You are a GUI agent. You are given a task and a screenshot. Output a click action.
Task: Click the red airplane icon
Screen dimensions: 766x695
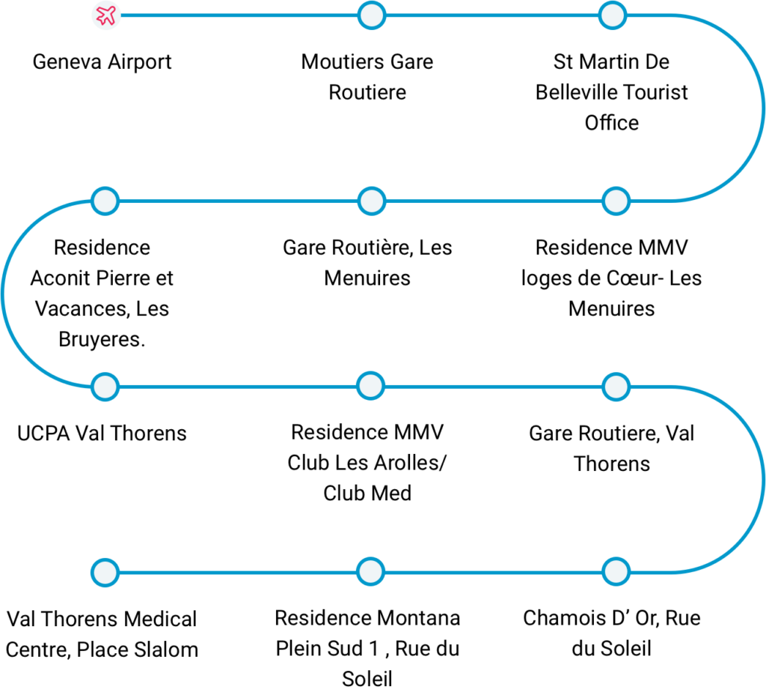[x=106, y=15]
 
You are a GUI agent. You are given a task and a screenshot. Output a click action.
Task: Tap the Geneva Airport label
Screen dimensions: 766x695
[x=102, y=62]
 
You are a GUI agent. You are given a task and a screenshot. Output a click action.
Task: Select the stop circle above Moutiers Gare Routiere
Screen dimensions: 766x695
[x=372, y=15]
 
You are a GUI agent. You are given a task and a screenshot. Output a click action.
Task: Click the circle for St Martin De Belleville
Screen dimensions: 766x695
[x=613, y=15]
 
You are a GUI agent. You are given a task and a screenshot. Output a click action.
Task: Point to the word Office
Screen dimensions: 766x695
[x=612, y=123]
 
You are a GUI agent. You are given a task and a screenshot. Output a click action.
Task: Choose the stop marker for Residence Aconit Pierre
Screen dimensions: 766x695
[x=105, y=201]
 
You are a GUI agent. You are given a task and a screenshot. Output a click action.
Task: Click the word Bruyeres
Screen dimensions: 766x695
[x=101, y=339]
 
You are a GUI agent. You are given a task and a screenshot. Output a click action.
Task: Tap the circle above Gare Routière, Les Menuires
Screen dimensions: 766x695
[x=372, y=201]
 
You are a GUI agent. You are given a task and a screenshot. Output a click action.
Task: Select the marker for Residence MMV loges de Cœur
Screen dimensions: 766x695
[x=616, y=201]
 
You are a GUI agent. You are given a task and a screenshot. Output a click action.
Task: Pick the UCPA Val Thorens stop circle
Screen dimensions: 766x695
[x=105, y=387]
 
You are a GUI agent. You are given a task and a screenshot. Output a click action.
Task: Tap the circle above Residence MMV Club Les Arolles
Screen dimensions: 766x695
[x=371, y=386]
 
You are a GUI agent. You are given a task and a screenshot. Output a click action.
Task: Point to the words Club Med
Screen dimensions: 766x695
[x=367, y=493]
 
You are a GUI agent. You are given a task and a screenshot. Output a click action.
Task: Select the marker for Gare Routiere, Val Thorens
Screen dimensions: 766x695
[x=616, y=387]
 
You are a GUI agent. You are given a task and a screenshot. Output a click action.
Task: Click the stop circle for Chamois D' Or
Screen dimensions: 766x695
[x=616, y=571]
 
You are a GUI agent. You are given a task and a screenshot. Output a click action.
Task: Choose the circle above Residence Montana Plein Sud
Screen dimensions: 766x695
[x=371, y=571]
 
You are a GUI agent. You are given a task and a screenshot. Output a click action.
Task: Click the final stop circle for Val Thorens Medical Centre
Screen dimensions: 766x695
[x=105, y=573]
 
